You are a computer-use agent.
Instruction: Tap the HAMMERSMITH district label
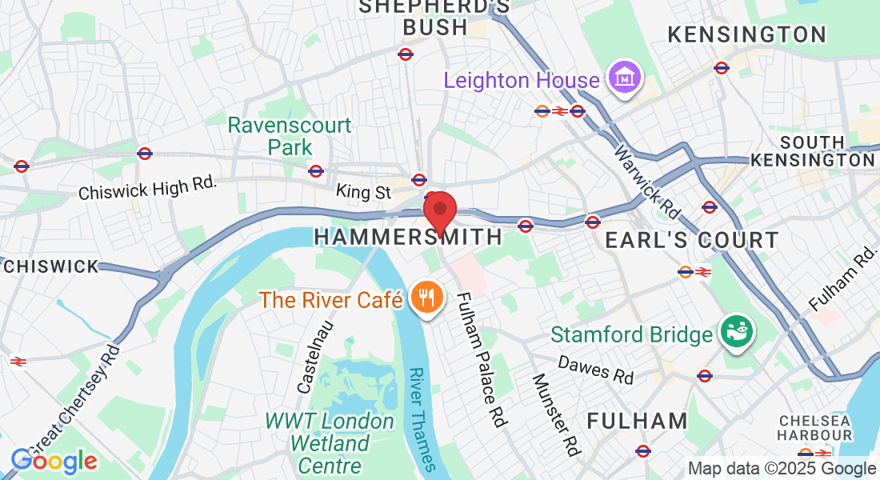coord(408,237)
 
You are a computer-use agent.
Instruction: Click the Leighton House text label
coord(522,80)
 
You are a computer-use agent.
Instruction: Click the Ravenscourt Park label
coord(290,136)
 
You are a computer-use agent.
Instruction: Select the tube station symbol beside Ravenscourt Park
coord(316,170)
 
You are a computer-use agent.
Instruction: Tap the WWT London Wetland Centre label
coord(330,442)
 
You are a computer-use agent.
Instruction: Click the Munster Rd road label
coord(554,414)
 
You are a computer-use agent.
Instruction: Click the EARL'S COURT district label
coord(691,240)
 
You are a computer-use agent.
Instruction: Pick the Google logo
coord(54,461)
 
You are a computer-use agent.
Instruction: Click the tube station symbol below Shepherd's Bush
coord(406,54)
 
